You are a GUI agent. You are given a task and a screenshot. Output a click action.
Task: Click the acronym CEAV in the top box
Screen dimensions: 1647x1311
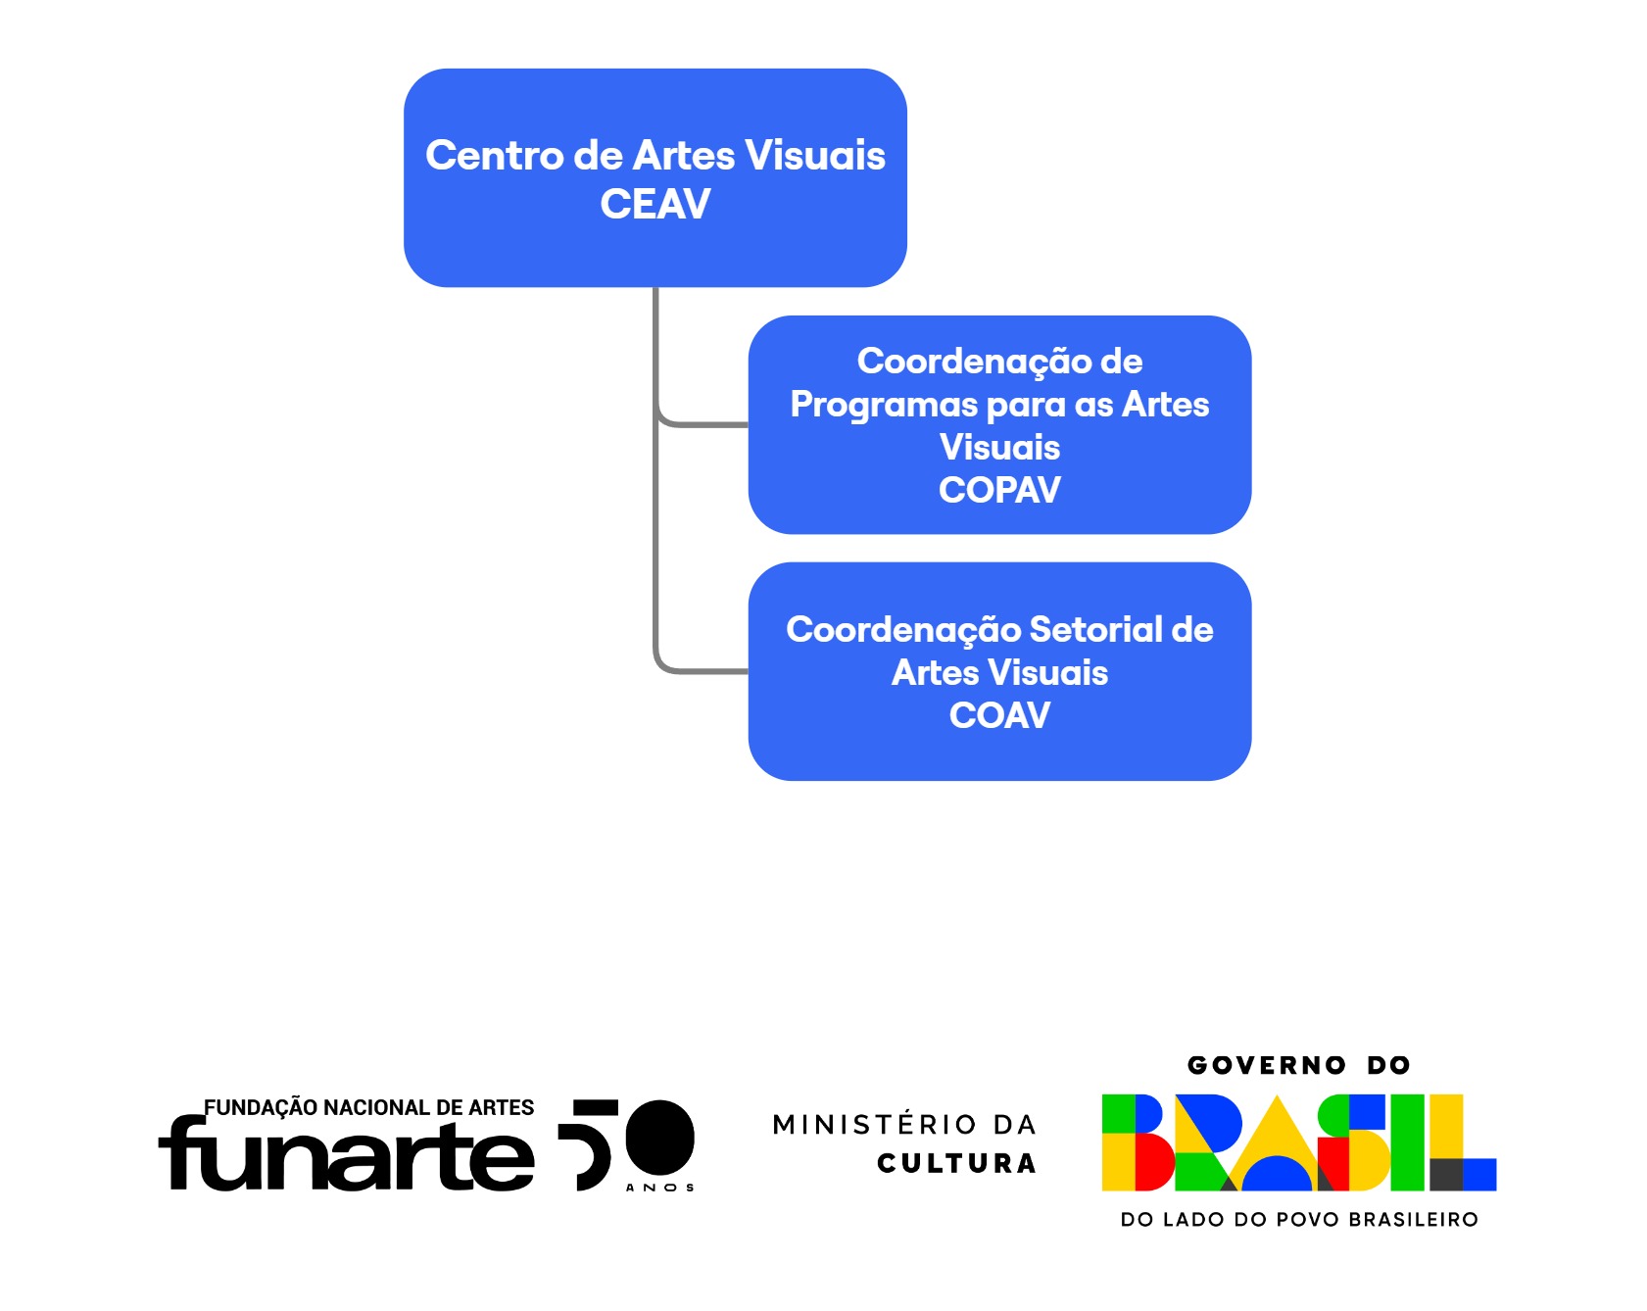[654, 204]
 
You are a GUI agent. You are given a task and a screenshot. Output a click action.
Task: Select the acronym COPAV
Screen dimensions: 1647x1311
[999, 490]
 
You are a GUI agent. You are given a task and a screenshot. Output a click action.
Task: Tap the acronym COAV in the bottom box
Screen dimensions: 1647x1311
[999, 715]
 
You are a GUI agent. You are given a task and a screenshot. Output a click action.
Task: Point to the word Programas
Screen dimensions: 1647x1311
[884, 406]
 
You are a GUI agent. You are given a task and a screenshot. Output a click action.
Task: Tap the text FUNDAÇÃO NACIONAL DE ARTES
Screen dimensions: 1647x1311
[368, 1107]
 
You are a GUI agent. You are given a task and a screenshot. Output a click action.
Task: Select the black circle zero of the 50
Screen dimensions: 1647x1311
[659, 1137]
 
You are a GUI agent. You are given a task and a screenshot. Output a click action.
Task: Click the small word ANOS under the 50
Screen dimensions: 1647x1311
[659, 1188]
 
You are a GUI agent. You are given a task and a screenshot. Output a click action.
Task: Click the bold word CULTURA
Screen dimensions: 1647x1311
[956, 1163]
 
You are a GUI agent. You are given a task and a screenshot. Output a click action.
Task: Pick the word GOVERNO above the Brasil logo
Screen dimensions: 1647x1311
[1267, 1065]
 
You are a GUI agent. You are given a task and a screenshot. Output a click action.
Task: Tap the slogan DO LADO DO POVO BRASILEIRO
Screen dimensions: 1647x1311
[1299, 1220]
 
